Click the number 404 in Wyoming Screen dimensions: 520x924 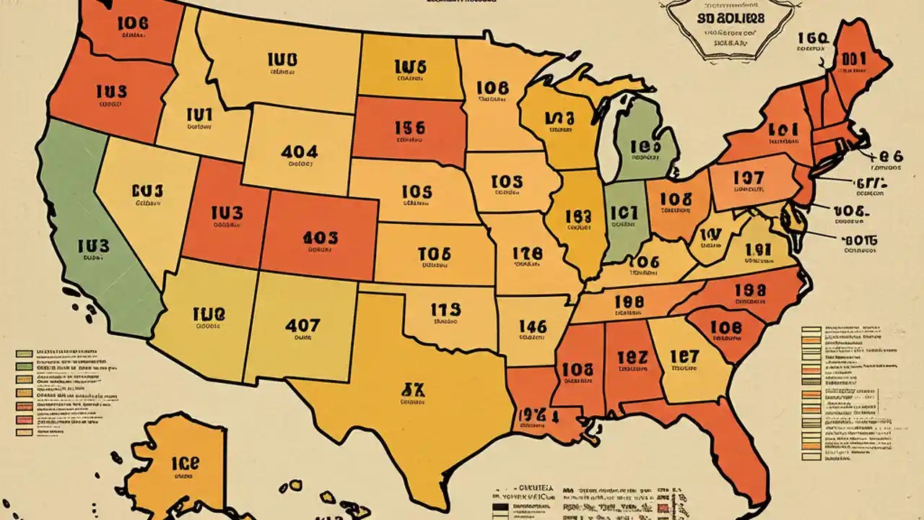(299, 152)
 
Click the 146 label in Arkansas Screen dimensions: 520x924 (533, 326)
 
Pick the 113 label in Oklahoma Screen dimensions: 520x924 (445, 310)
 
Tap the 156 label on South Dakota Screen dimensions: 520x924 (409, 128)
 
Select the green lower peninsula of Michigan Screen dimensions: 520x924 (645, 144)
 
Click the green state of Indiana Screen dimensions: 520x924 (623, 217)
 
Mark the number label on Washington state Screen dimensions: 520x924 (131, 22)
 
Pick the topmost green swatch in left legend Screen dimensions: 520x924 (24, 354)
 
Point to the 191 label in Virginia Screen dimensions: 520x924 (758, 250)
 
